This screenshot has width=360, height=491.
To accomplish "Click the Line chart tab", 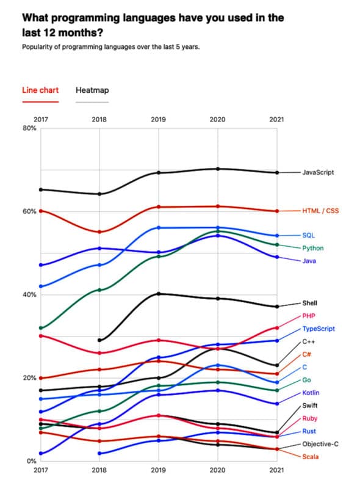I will coord(40,90).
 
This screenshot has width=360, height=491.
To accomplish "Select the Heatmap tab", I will coord(92,90).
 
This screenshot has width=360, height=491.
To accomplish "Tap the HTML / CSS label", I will coord(320,211).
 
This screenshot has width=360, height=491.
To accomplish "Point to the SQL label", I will coord(309,235).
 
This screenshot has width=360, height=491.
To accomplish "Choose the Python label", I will coord(312,248).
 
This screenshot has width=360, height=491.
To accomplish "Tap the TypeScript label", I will coord(319,329).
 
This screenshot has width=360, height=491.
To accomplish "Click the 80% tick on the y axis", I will coord(29,128).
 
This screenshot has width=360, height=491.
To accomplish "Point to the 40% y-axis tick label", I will coord(29,294).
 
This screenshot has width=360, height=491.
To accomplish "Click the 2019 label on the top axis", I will coord(158,120).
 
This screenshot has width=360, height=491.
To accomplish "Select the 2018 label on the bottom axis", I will coord(99,470).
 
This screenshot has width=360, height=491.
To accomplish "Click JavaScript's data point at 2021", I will coord(277,173).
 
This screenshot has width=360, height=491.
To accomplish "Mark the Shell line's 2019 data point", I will coord(158,294).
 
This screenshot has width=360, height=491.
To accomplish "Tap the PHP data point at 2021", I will coord(277,328).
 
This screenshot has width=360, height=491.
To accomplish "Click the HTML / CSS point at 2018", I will coord(99,232).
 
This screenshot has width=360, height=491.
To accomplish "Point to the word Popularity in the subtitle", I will coord(38,46).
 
